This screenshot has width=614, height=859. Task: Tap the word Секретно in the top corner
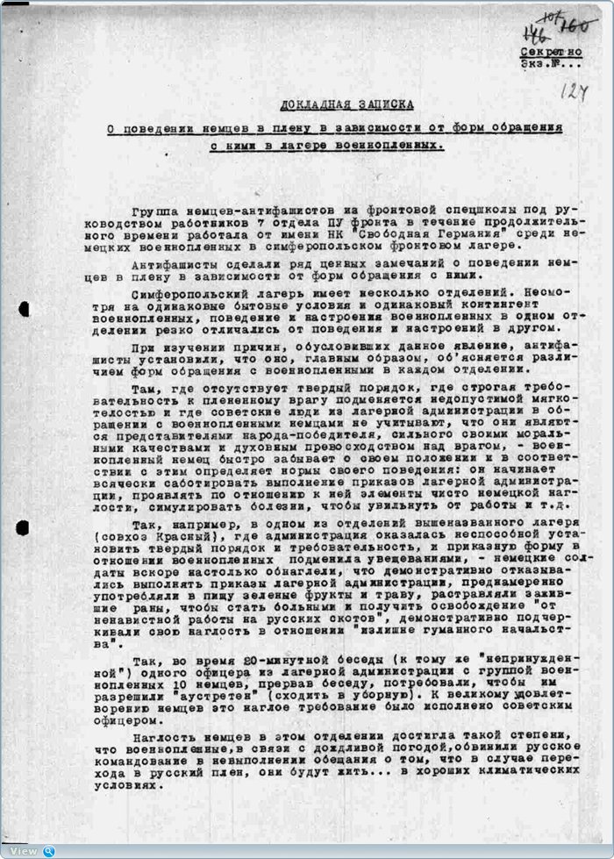(x=551, y=52)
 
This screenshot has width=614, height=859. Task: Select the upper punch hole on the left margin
(x=24, y=309)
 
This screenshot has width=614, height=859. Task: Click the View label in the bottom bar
(x=24, y=851)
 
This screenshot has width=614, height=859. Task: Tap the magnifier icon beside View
(x=49, y=851)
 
